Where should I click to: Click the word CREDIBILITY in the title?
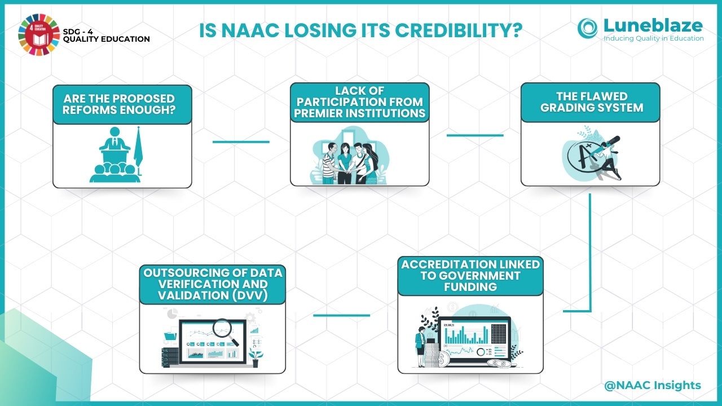(459, 30)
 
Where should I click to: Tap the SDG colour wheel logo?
(39, 34)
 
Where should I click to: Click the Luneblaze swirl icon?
(587, 28)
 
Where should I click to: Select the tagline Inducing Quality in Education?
(654, 38)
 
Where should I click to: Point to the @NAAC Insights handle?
(653, 385)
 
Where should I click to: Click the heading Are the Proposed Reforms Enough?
(119, 104)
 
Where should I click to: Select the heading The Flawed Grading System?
(592, 102)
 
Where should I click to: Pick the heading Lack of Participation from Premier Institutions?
(360, 102)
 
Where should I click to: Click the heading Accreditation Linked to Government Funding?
(470, 276)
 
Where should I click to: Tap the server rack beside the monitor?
(170, 358)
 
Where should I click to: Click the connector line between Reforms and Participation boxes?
(241, 142)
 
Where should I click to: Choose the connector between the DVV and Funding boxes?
(342, 315)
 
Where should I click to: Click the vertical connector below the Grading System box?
(590, 252)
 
